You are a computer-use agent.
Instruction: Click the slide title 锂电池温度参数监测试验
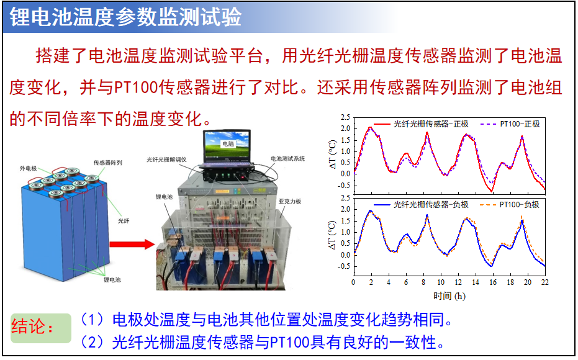(x=125, y=17)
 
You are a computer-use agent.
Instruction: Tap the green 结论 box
(x=40, y=328)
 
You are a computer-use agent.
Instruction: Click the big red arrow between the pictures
(x=132, y=245)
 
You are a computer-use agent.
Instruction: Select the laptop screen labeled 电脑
(x=227, y=145)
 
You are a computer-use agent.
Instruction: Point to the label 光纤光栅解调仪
(x=166, y=160)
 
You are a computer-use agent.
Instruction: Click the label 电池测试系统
(x=287, y=158)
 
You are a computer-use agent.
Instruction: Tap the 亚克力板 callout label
(x=290, y=201)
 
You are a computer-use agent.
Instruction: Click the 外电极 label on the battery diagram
(x=29, y=168)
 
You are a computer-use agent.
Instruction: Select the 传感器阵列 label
(x=107, y=163)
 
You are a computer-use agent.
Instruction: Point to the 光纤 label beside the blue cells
(x=124, y=221)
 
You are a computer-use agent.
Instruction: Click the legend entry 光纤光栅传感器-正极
(x=420, y=124)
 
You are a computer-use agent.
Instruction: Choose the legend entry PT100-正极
(x=510, y=124)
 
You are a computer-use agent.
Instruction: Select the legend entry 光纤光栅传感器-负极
(x=420, y=204)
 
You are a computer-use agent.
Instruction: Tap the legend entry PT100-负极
(x=510, y=204)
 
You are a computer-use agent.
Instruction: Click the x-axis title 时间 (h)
(x=449, y=296)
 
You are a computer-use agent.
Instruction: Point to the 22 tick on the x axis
(x=545, y=282)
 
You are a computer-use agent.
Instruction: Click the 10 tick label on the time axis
(x=441, y=282)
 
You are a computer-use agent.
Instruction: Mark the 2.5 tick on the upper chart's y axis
(x=345, y=117)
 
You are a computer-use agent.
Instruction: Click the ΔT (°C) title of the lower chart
(x=333, y=235)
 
